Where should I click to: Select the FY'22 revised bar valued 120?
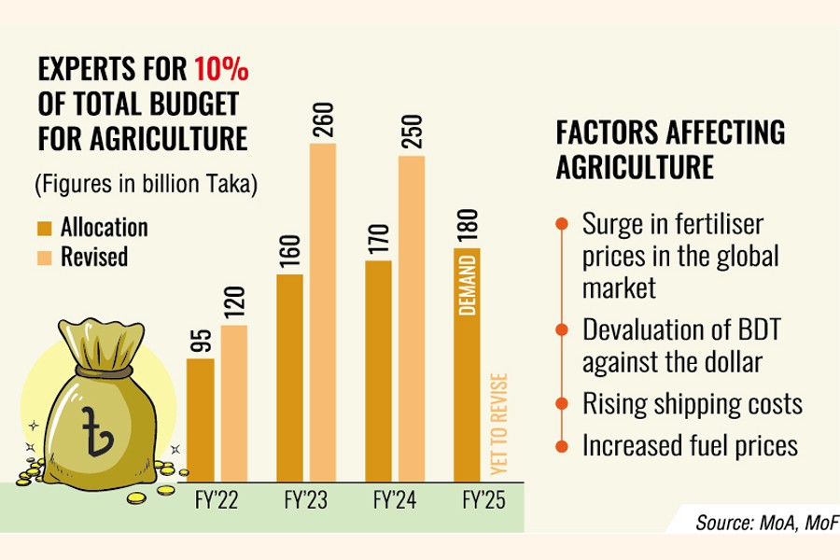pyautogui.click(x=234, y=401)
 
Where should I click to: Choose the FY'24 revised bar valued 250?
pyautogui.click(x=412, y=316)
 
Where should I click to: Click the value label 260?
pyautogui.click(x=323, y=120)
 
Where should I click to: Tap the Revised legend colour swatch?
pyautogui.click(x=45, y=255)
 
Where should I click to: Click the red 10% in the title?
pyautogui.click(x=221, y=70)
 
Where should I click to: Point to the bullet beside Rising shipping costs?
pyautogui.click(x=561, y=403)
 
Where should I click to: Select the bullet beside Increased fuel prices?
pyautogui.click(x=561, y=445)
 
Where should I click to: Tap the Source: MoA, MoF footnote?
pyautogui.click(x=765, y=522)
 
